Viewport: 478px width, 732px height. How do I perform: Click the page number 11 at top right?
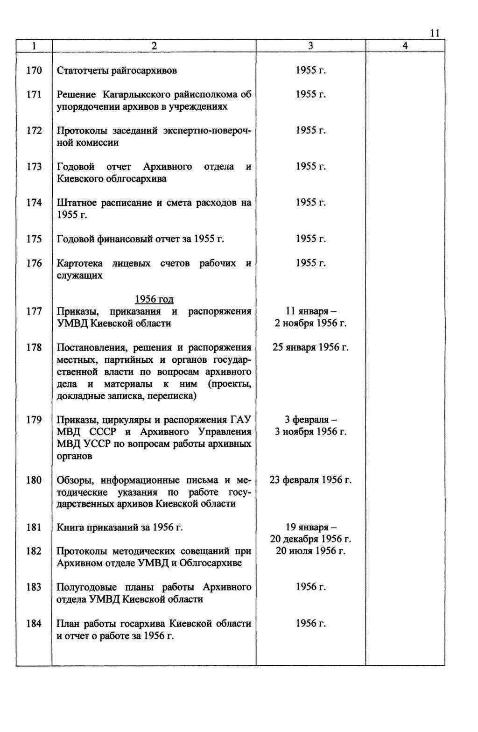point(435,33)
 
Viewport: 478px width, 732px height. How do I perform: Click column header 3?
point(310,46)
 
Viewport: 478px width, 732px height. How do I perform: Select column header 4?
point(405,46)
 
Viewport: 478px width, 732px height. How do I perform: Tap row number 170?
point(34,70)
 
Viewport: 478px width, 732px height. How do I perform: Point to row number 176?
point(34,263)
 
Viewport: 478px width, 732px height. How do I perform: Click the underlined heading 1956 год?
point(154,299)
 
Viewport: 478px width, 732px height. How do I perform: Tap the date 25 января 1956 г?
point(310,347)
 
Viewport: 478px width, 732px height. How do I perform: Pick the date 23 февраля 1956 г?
point(310,480)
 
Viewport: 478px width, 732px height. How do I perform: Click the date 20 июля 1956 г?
point(310,551)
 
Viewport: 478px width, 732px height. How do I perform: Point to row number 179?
point(34,420)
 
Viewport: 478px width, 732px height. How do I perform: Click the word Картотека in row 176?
point(79,263)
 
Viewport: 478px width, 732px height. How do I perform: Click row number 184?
point(34,623)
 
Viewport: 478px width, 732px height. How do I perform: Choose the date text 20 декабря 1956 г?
point(310,539)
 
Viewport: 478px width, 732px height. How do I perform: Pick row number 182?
point(34,551)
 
